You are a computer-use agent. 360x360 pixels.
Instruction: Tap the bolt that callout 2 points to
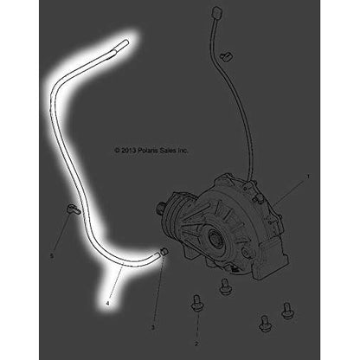195,304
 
